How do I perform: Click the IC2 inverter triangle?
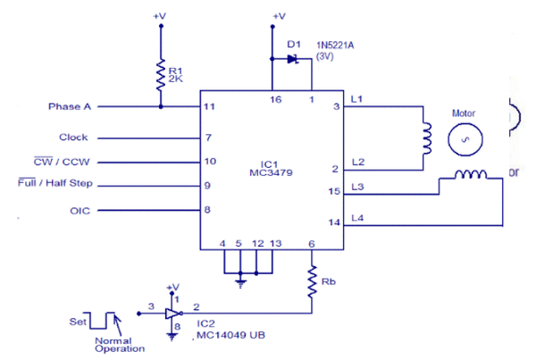tap(172, 313)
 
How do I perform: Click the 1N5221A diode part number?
tap(337, 43)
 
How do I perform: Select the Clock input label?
tap(73, 138)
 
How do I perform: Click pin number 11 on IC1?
tap(209, 107)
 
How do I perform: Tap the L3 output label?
tap(358, 186)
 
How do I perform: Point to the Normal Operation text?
tap(120, 345)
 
